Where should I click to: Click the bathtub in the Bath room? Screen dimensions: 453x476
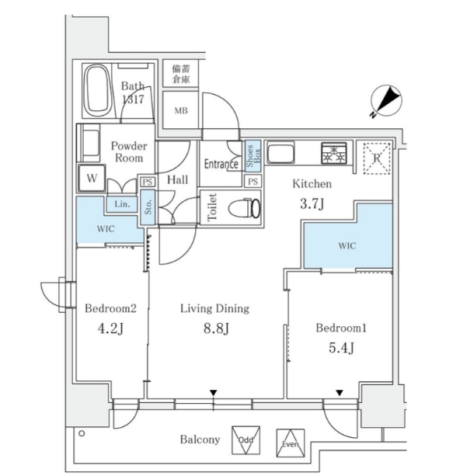97,90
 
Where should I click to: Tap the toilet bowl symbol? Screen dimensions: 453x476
245,208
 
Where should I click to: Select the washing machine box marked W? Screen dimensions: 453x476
92,178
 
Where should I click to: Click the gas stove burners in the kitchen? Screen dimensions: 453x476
334,153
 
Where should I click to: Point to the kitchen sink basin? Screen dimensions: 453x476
281,152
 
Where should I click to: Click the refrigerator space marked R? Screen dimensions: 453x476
377,158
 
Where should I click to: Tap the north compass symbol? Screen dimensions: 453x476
386,101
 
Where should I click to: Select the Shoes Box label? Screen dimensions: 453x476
253,156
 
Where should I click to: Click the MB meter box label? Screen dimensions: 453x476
181,111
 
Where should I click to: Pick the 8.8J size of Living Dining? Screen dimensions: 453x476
216,328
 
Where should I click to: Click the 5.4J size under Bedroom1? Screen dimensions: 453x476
341,348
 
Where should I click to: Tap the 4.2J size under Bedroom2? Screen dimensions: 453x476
110,328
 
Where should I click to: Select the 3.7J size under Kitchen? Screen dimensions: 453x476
312,203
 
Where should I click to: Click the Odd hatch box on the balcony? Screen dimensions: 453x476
246,440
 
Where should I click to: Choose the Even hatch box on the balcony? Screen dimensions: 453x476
291,443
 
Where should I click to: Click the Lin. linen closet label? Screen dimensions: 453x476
122,204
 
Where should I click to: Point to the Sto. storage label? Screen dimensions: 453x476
148,207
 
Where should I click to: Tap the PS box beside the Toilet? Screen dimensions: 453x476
253,182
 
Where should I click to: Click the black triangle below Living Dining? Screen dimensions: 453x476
214,393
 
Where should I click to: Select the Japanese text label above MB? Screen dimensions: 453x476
181,74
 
